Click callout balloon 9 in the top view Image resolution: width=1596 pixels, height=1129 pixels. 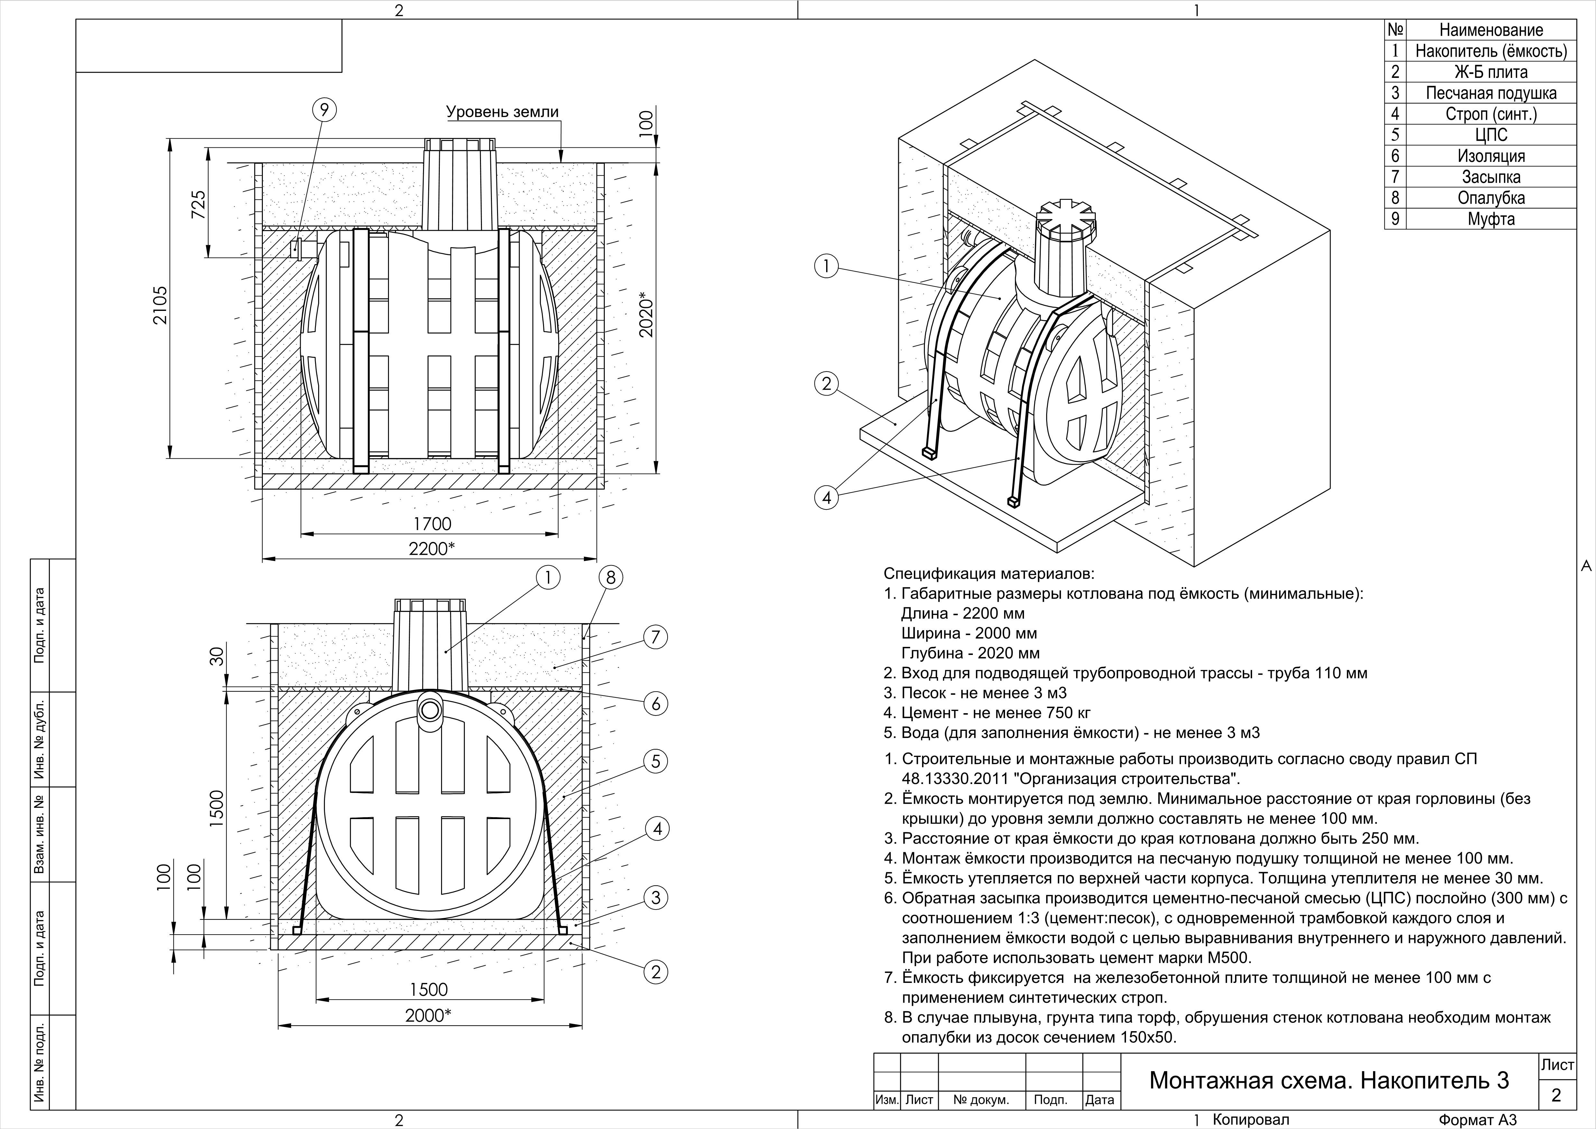(324, 110)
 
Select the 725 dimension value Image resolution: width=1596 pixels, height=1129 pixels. (199, 205)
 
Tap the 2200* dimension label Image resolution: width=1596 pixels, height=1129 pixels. (432, 548)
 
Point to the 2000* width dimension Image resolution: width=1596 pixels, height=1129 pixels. (428, 1015)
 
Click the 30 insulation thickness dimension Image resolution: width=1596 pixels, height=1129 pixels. (217, 656)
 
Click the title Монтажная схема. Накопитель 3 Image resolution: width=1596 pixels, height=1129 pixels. (1328, 1080)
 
